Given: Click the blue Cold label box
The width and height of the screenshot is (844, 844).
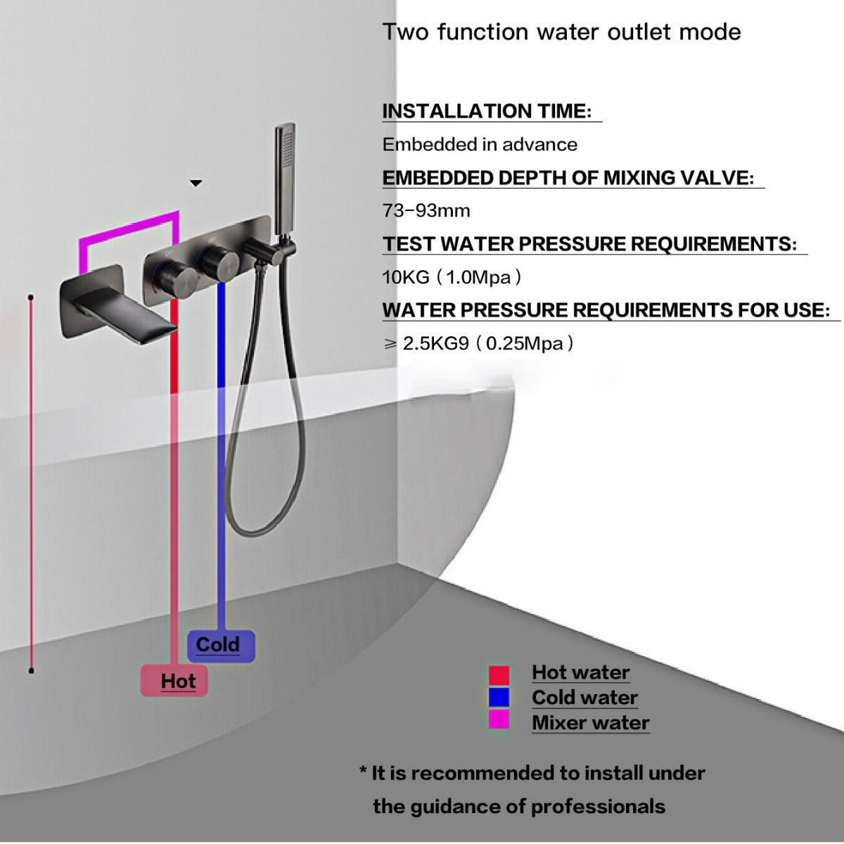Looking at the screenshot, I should [x=220, y=645].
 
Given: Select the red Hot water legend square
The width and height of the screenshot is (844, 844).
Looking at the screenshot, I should [x=499, y=674].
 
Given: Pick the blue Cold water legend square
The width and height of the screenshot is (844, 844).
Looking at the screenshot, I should [x=499, y=698].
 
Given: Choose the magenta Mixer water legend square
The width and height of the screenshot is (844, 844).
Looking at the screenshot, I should [x=499, y=720].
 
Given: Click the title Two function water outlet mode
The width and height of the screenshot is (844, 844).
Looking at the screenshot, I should [x=561, y=32].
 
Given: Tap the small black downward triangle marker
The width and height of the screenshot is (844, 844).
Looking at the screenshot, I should [x=196, y=184].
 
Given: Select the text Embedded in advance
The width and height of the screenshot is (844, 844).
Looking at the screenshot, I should [x=480, y=145].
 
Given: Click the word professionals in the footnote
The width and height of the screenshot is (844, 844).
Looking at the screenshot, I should [x=598, y=806].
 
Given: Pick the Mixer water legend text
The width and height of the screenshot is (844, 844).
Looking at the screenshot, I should [x=590, y=722].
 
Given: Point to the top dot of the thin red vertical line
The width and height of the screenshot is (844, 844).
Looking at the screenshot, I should [x=31, y=298].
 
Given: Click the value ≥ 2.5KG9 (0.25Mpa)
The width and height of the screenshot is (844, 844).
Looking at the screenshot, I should [x=478, y=344].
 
